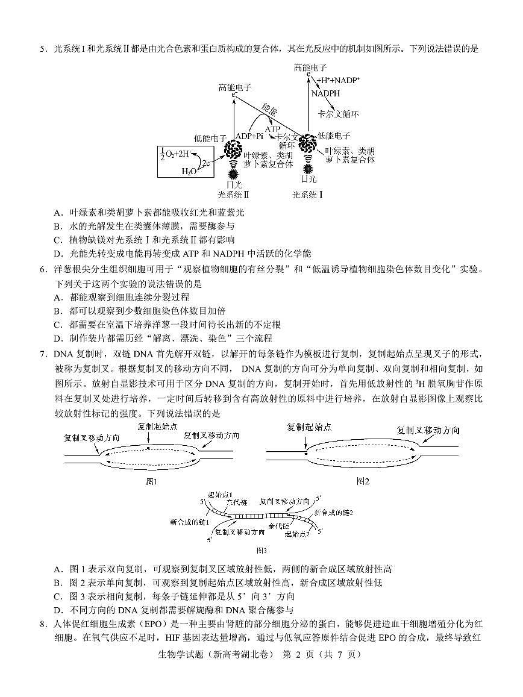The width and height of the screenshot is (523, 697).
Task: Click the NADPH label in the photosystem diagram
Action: [x=325, y=93]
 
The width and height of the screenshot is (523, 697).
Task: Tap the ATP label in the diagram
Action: [x=272, y=129]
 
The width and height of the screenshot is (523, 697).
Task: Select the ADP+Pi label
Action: [x=249, y=136]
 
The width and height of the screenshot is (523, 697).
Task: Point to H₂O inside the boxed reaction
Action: [x=189, y=171]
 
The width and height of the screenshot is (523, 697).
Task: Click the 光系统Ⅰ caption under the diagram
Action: [x=308, y=195]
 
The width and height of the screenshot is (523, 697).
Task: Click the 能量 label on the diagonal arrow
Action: [x=269, y=110]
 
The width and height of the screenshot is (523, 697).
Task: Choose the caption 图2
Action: [x=363, y=481]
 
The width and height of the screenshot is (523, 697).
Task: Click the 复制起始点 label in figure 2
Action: [x=309, y=427]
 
